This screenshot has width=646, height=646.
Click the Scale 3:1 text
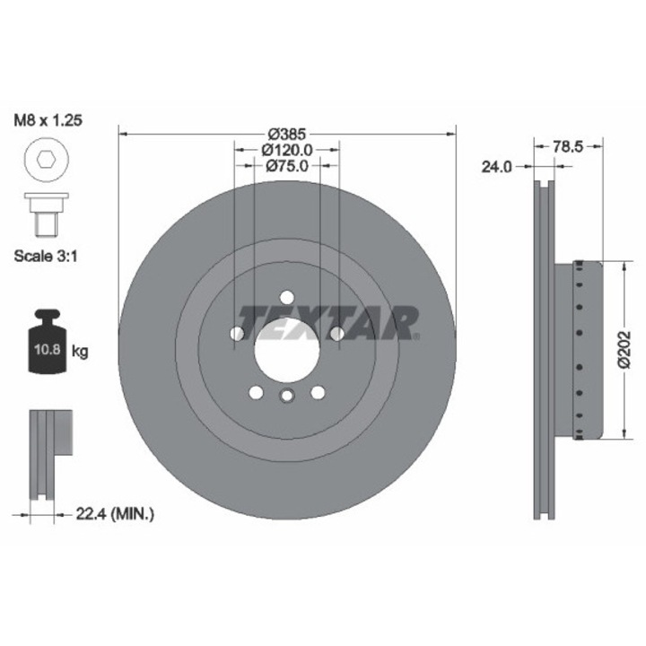coord(48,255)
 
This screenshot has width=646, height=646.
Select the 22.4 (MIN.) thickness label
coord(114,514)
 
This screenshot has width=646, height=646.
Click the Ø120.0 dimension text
coord(286,149)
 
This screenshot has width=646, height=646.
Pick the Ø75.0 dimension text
coord(286,165)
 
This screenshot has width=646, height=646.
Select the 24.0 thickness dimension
coord(498,166)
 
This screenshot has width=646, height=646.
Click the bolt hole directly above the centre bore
coord(286,298)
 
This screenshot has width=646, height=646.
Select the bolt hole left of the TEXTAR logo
coord(237,334)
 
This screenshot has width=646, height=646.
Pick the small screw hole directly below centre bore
coord(286,397)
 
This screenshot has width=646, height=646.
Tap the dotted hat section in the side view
coord(582,350)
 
